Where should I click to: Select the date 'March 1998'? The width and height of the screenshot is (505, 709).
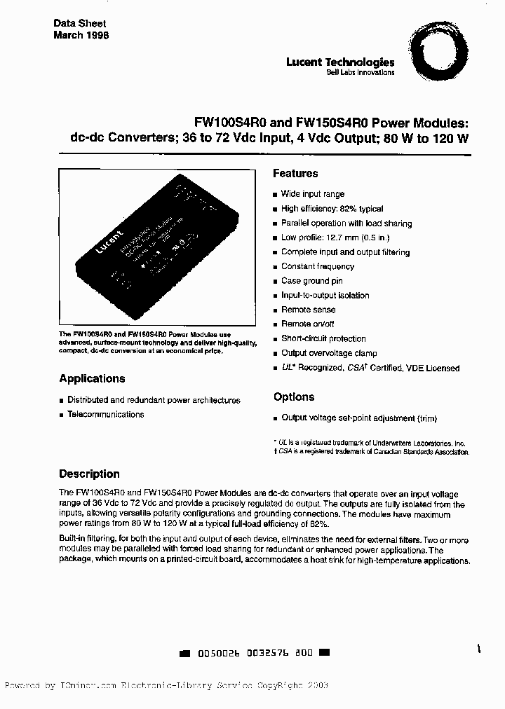coord(81,35)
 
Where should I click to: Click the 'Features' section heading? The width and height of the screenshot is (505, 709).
coord(295,174)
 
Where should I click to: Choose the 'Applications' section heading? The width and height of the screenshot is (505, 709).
coord(92,379)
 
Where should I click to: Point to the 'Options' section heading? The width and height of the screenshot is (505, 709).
coord(294,397)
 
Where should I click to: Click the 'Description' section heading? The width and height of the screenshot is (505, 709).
coord(89,474)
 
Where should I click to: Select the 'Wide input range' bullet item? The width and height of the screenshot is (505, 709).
coord(312,194)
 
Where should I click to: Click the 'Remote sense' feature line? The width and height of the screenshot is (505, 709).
coord(308,310)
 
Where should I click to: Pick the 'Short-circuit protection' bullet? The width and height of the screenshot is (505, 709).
coord(323,338)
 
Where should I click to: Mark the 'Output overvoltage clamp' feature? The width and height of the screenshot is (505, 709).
coord(329,353)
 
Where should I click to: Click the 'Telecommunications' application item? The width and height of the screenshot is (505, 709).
coord(105,415)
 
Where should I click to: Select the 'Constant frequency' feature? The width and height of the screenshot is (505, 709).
coord(318,266)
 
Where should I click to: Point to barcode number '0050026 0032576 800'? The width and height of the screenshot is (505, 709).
coord(255,652)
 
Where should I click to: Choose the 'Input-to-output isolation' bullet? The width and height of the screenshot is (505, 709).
coord(325,296)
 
